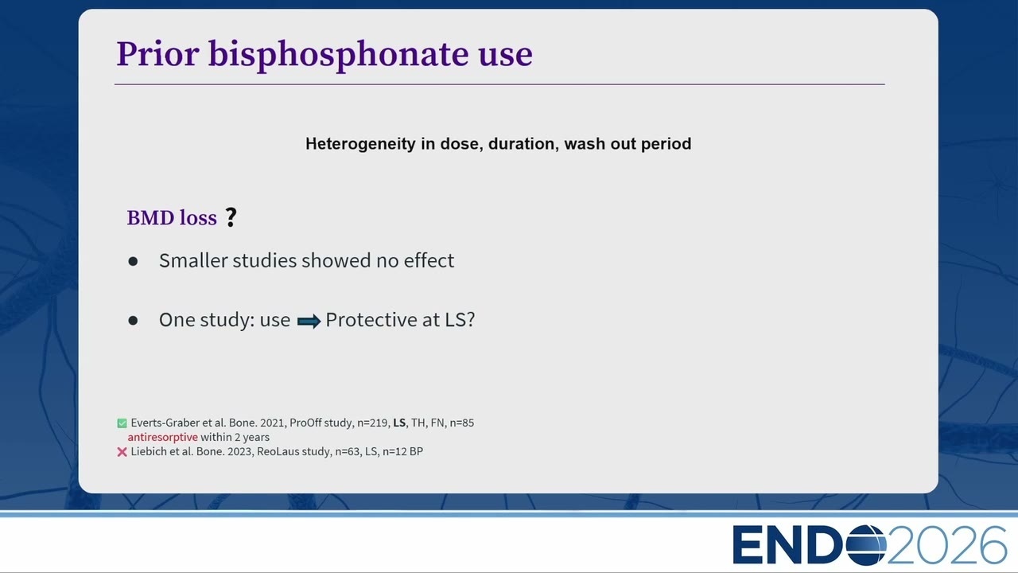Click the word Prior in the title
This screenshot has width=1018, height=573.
pos(157,54)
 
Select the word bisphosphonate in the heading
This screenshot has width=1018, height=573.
pos(339,56)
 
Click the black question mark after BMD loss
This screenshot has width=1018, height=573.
pos(231,217)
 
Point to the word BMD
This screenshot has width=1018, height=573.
pos(150,218)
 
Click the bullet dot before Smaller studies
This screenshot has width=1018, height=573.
pos(133,262)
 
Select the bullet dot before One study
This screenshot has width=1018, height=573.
pos(133,321)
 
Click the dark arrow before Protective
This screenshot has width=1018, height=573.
pos(309,322)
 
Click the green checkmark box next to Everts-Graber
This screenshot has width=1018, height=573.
pos(122,423)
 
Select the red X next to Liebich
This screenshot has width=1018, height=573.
pos(122,452)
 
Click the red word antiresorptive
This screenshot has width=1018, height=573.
pos(163,438)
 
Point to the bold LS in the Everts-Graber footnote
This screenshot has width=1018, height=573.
pos(399,423)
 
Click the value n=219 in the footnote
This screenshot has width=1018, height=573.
pos(373,423)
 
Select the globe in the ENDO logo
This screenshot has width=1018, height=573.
pos(866,545)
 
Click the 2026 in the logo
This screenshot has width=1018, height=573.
pos(946,545)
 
